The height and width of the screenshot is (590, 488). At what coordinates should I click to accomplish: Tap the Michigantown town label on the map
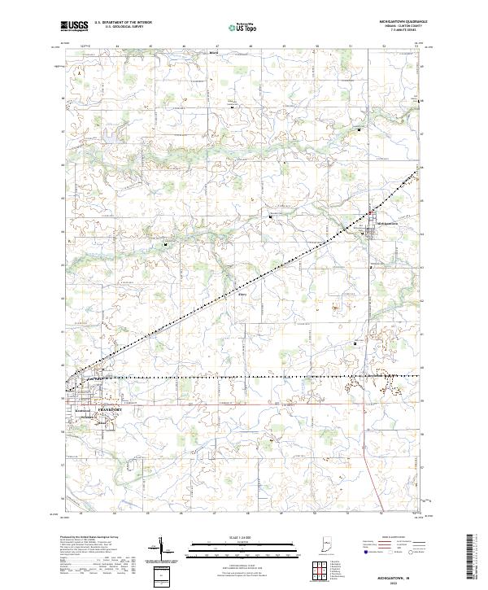(x=387, y=223)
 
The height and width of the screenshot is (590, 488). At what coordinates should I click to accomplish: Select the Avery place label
(x=242, y=295)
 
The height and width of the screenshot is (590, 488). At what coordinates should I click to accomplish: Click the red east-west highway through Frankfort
(x=244, y=402)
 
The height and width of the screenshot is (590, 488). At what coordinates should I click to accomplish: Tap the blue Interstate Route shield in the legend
(x=364, y=553)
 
